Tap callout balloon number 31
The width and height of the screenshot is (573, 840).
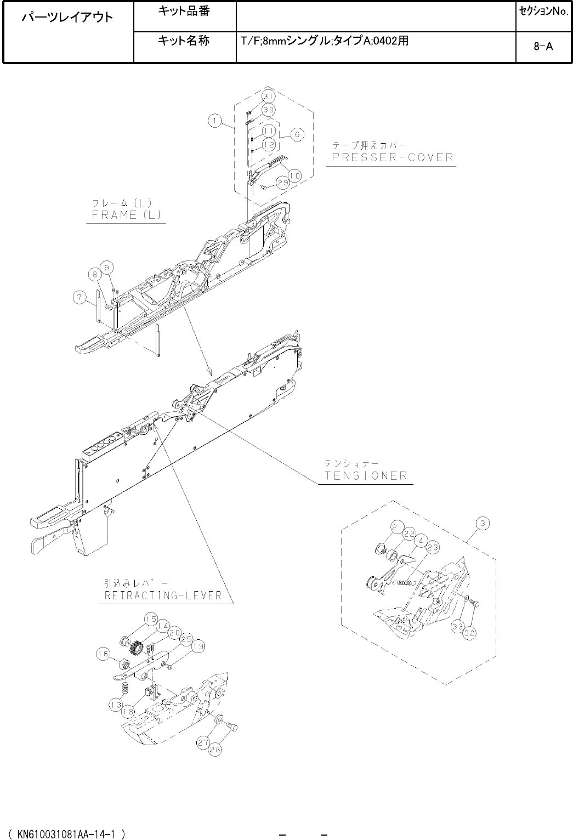(x=268, y=97)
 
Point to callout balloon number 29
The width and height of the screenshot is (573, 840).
(x=283, y=184)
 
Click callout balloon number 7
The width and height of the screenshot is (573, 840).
(x=80, y=297)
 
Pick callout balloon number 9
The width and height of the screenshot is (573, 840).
(x=107, y=267)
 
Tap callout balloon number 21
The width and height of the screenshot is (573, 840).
(x=398, y=527)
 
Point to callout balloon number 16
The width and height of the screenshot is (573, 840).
(x=103, y=654)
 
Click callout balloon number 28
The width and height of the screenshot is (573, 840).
(x=214, y=752)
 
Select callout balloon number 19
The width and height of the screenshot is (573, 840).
(x=198, y=647)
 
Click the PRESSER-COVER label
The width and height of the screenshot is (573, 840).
(x=392, y=157)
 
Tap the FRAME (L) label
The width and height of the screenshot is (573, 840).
(x=125, y=214)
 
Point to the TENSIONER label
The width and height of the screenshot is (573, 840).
(x=366, y=475)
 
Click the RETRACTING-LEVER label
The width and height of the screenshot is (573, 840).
(x=163, y=595)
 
